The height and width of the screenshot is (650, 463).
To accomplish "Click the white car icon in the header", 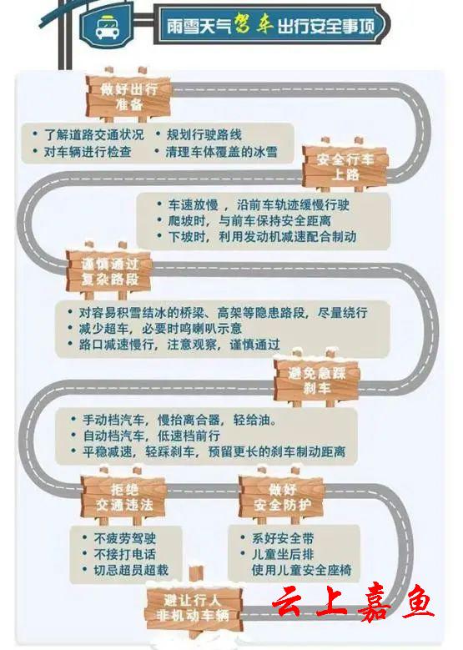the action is coord(106,27).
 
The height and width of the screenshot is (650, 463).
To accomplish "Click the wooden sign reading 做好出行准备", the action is coord(128,97).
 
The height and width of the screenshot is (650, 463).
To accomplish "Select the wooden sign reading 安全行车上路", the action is coord(345,166).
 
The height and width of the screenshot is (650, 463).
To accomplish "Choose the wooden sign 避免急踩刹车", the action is coord(316,380).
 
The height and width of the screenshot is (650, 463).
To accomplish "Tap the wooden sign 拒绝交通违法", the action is coord(124,496).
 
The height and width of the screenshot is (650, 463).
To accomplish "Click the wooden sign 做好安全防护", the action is coord(282,496).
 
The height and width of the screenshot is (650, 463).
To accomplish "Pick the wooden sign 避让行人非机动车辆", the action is coord(193,607).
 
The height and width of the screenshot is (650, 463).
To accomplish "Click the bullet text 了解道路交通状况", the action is coord(94,134).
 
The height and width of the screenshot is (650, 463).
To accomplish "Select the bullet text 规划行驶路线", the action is coord(204,134).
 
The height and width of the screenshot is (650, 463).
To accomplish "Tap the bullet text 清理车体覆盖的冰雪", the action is coord(221,152).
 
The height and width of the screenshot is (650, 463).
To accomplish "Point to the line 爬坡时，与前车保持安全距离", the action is coord(249,220).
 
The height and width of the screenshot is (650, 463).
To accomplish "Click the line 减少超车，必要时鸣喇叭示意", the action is coord(160,328).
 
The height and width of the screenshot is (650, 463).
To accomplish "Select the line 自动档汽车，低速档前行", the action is coord(151,436).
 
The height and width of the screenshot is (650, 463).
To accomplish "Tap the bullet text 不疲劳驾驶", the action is coord(125,538).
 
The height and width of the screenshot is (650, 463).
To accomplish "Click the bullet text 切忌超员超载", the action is coord(131,570).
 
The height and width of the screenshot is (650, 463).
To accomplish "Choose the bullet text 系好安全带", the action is coord(283,538).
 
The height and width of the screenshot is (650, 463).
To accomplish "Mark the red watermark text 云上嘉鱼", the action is coord(353,604).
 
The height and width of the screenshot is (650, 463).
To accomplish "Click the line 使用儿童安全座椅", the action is coord(301,570).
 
